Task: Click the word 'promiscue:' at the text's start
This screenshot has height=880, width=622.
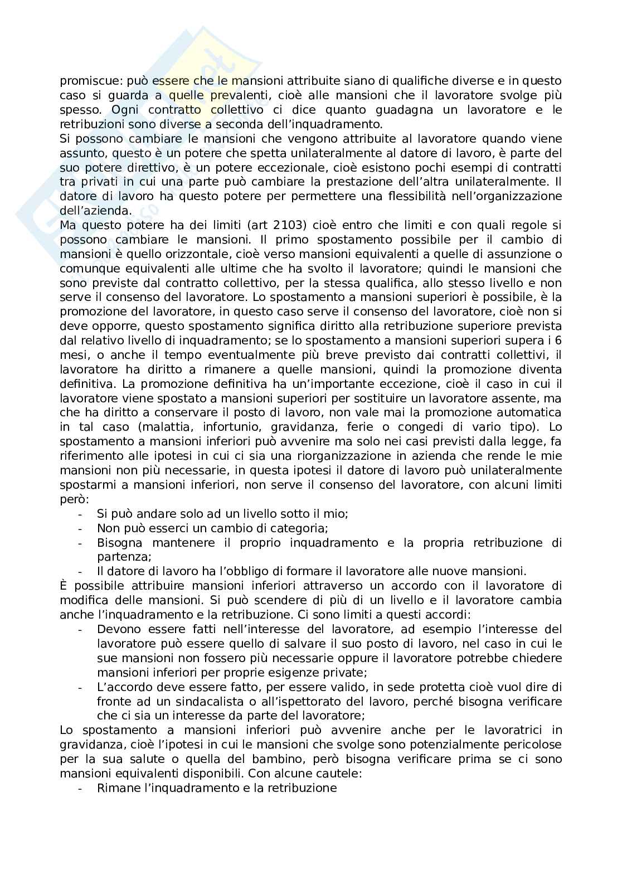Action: pos(86,81)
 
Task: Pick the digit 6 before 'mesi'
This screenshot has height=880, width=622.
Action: pos(558,341)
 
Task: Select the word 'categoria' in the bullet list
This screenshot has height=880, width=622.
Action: pos(303,528)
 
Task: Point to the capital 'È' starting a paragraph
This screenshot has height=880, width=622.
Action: pos(64,585)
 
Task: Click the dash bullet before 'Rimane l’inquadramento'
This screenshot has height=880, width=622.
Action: pos(81,788)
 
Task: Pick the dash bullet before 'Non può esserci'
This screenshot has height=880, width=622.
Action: pos(81,528)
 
